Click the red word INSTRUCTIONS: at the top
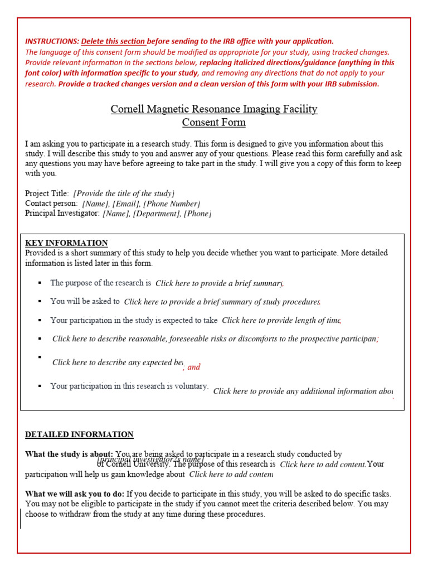[52, 41]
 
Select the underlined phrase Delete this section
[114, 41]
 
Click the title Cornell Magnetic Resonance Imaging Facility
[214, 109]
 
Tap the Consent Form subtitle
[214, 122]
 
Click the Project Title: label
[47, 193]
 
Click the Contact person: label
[51, 204]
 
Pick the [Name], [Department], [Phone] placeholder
[157, 214]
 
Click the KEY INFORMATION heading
[66, 243]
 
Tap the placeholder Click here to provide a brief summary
[220, 283]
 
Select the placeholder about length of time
[281, 320]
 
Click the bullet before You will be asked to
[40, 301]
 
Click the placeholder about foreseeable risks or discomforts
[215, 338]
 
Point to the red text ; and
[192, 367]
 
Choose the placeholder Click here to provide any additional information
[303, 391]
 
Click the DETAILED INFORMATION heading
[79, 434]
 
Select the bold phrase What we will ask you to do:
[75, 493]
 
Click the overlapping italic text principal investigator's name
[150, 459]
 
